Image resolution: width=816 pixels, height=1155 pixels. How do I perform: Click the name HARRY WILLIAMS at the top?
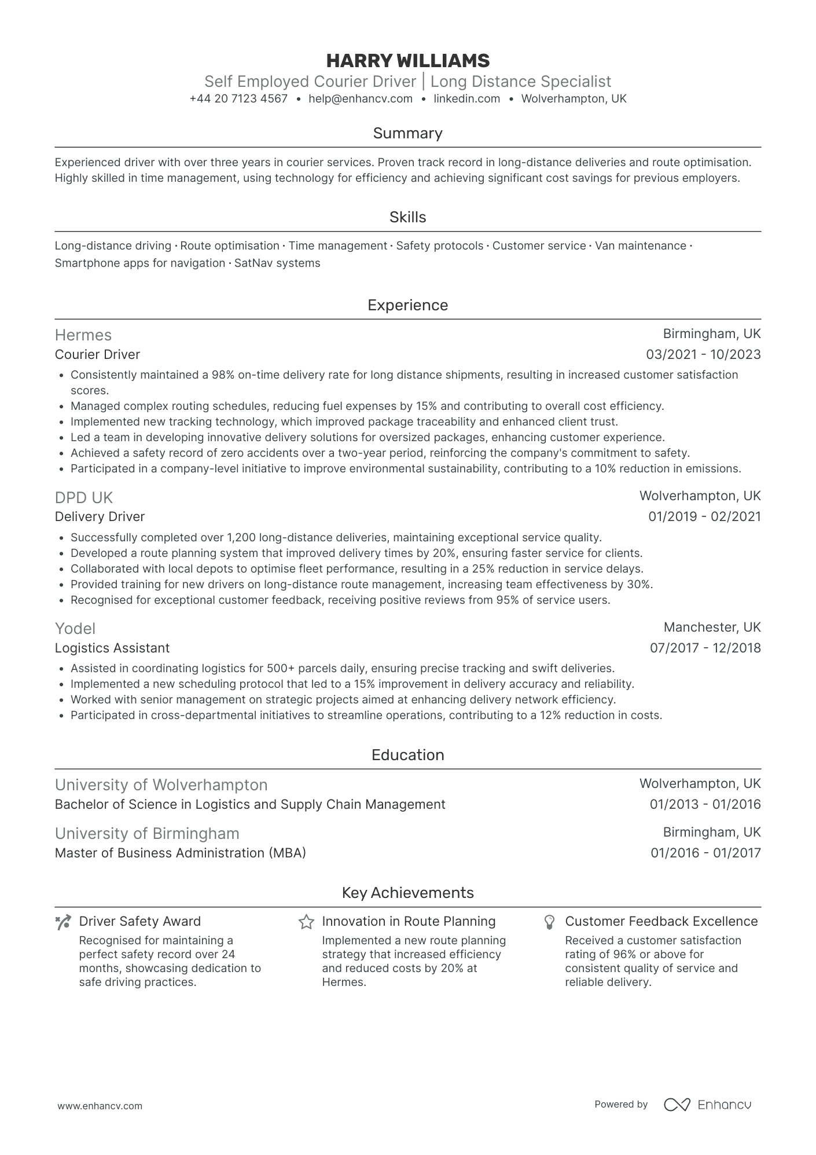pos(407,61)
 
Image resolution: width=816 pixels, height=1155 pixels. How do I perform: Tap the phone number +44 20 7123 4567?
pos(238,99)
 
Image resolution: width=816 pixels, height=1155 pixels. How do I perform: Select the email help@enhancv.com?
pos(361,99)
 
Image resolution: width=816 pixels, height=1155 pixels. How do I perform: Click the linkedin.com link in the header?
pos(466,99)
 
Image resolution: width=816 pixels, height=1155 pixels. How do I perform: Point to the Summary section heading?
pos(407,133)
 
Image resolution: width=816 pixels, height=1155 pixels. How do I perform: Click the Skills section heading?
pos(407,217)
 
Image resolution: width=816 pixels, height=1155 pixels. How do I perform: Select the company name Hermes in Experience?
pos(83,335)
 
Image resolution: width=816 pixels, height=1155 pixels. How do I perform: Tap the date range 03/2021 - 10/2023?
pos(703,354)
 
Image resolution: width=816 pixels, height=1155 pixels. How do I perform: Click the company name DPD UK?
pos(84,497)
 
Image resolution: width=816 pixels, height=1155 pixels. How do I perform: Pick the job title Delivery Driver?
pos(100,516)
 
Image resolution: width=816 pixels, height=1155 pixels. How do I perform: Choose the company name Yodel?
pos(75,629)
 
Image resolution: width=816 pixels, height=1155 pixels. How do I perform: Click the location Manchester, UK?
pos(712,628)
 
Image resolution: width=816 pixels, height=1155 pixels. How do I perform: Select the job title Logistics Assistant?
pos(112,648)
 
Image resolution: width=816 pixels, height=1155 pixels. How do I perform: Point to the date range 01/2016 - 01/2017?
pos(705,853)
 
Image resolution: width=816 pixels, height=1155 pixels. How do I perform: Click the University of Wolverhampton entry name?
pos(161,785)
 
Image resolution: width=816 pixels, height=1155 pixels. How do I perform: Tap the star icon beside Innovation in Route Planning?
pos(306,922)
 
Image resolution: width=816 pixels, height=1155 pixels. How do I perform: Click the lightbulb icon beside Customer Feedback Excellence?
pos(550,922)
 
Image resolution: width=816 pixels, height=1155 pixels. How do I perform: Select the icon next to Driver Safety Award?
pos(63,922)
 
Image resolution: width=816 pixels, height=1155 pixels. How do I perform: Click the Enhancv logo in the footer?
pos(707,1105)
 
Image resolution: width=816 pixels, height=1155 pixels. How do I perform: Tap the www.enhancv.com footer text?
pos(100,1106)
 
